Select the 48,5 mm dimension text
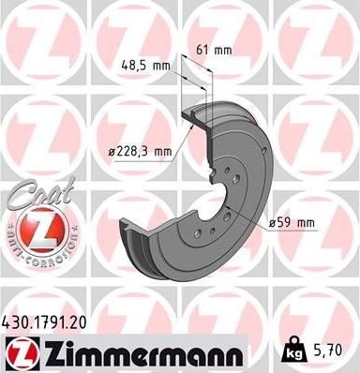146,66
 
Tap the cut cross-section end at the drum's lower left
131,235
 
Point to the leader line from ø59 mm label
249,214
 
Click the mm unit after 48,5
162,66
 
